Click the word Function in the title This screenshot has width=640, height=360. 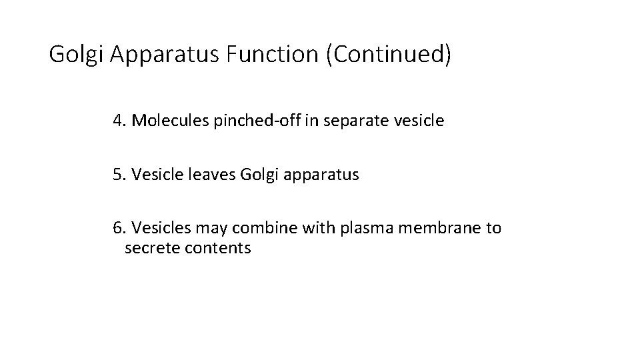click(273, 55)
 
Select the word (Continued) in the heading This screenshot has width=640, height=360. click(389, 55)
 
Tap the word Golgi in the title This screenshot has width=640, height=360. click(76, 55)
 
